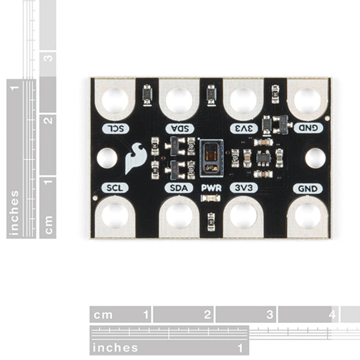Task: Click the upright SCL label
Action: click(114, 188)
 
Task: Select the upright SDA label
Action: click(179, 188)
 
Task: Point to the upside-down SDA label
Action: click(179, 128)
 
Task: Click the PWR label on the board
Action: click(211, 188)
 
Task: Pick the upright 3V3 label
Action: click(243, 188)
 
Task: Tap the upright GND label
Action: click(307, 188)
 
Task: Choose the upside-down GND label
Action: click(307, 128)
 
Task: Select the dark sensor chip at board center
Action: click(211, 155)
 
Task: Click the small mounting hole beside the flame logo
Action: click(107, 158)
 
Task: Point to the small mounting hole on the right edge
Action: click(315, 158)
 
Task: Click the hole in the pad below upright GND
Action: click(307, 215)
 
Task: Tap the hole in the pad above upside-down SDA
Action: click(179, 100)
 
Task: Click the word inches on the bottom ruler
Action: click(115, 348)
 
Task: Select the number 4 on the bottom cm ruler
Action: click(332, 314)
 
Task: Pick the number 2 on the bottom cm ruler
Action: click(208, 314)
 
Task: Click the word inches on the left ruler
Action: click(14, 212)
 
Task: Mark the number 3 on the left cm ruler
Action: click(48, 58)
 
